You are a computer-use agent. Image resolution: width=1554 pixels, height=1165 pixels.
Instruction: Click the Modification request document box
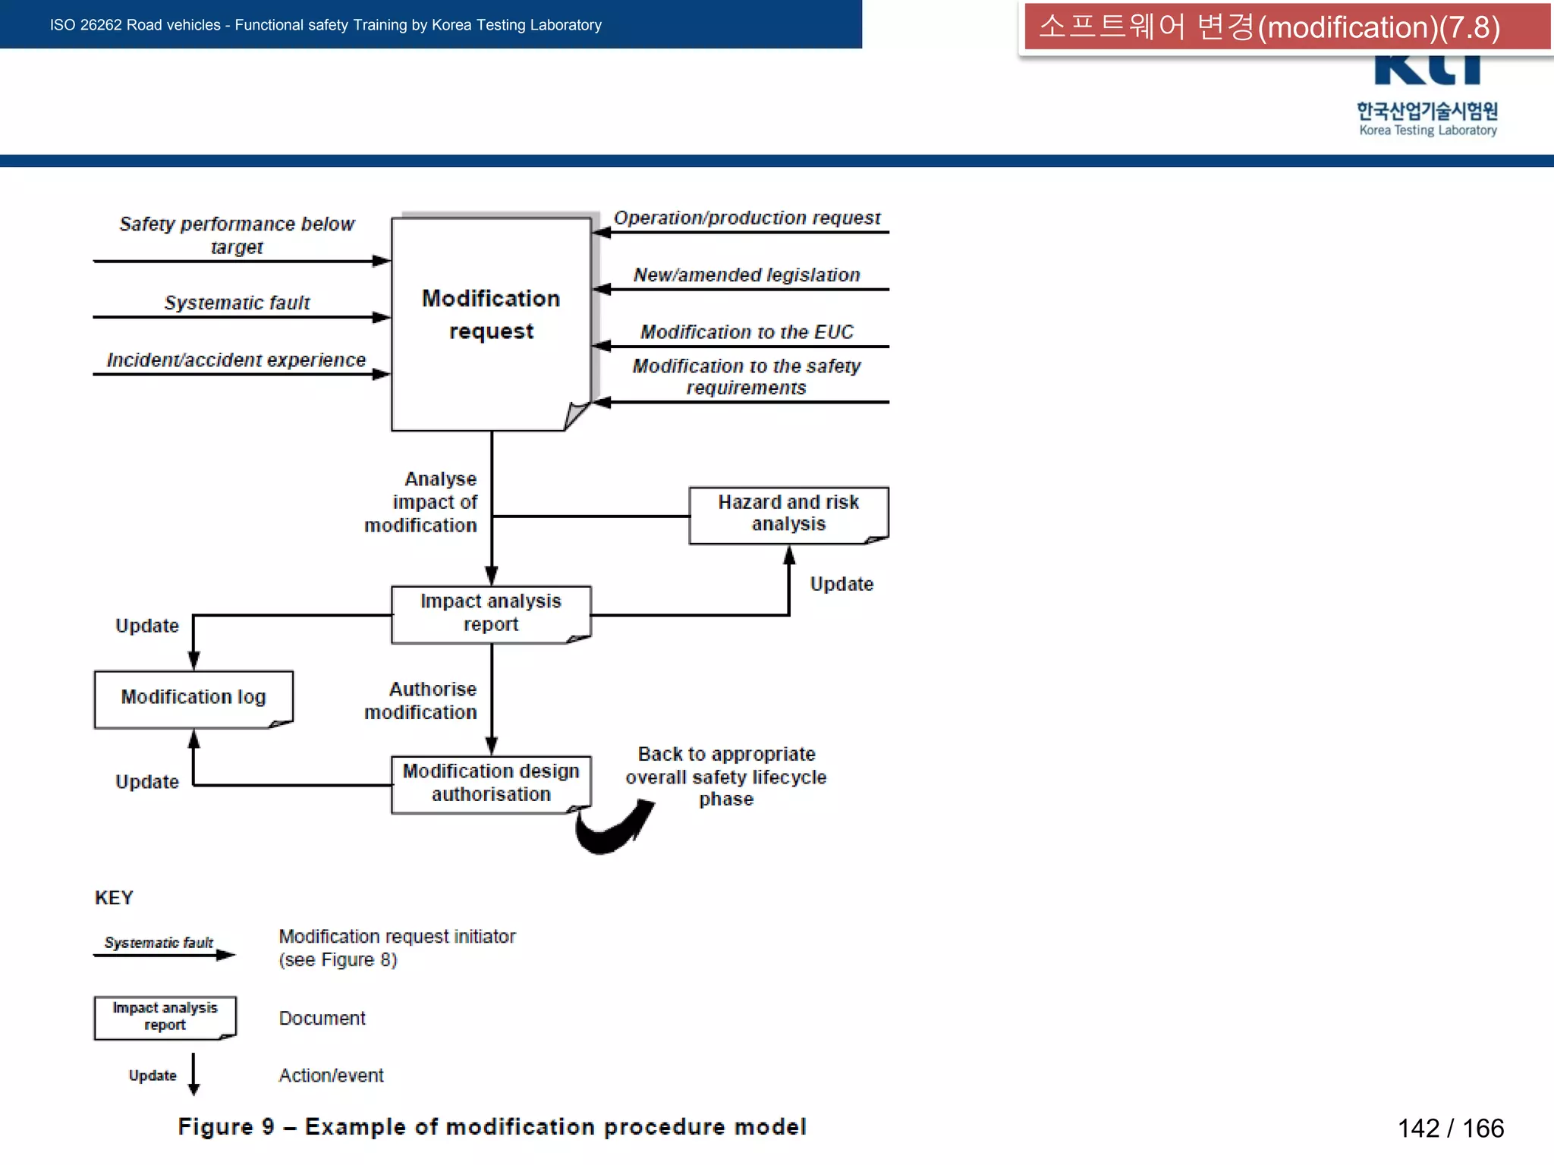(491, 324)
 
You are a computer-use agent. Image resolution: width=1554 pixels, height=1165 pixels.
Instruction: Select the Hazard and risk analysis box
(788, 515)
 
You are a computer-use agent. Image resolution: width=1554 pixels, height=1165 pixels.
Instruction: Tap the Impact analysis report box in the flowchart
(491, 614)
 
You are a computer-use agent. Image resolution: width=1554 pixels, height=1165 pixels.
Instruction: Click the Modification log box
(193, 699)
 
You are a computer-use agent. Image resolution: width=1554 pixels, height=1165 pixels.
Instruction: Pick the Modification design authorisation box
(491, 783)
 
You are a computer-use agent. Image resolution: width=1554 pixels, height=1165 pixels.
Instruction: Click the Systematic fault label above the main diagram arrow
(237, 303)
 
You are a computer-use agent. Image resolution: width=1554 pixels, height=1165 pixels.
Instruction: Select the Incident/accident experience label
(236, 360)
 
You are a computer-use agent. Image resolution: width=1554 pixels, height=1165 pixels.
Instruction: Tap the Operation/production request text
(747, 218)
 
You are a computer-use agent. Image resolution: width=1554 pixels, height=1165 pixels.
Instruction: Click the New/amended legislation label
(747, 275)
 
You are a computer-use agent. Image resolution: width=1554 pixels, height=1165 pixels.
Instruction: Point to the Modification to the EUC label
(747, 331)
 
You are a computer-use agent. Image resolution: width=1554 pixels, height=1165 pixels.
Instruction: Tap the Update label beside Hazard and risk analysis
(841, 584)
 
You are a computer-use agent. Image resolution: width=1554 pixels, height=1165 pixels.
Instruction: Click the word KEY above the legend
(114, 898)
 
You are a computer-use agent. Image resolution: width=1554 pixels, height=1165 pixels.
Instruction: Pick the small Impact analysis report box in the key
(165, 1017)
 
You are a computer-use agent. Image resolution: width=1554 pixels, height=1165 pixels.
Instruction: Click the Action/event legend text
(331, 1076)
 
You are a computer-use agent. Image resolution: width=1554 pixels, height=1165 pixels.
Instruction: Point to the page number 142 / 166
(1450, 1128)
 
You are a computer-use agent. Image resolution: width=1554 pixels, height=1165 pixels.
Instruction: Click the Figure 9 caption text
(492, 1127)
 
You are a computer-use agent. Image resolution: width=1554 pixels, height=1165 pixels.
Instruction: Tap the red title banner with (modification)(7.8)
(1285, 27)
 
